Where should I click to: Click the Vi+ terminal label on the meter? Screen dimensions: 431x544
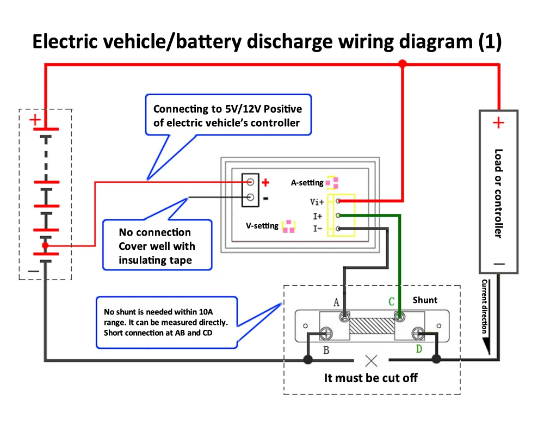coord(317,202)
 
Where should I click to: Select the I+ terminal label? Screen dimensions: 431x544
coord(317,216)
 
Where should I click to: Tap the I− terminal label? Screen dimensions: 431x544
coord(317,229)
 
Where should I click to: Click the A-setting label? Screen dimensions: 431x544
coord(307,183)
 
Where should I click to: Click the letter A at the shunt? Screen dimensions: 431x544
coord(336,303)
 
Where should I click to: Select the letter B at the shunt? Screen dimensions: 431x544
coord(326,350)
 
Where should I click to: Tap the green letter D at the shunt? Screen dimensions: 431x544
coord(419,349)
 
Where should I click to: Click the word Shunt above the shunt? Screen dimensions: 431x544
coord(425,300)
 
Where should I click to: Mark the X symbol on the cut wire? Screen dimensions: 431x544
coord(371,360)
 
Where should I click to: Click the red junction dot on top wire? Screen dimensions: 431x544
coord(403,64)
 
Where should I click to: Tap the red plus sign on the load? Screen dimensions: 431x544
coord(498,122)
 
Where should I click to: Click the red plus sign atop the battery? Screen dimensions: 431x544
coord(35,120)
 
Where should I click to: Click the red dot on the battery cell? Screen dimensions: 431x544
coord(46,246)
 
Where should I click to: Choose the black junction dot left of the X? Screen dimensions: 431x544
coord(308,359)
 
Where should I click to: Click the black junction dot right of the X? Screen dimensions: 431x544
coord(436,359)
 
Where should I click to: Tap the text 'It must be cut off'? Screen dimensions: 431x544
coord(371,378)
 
